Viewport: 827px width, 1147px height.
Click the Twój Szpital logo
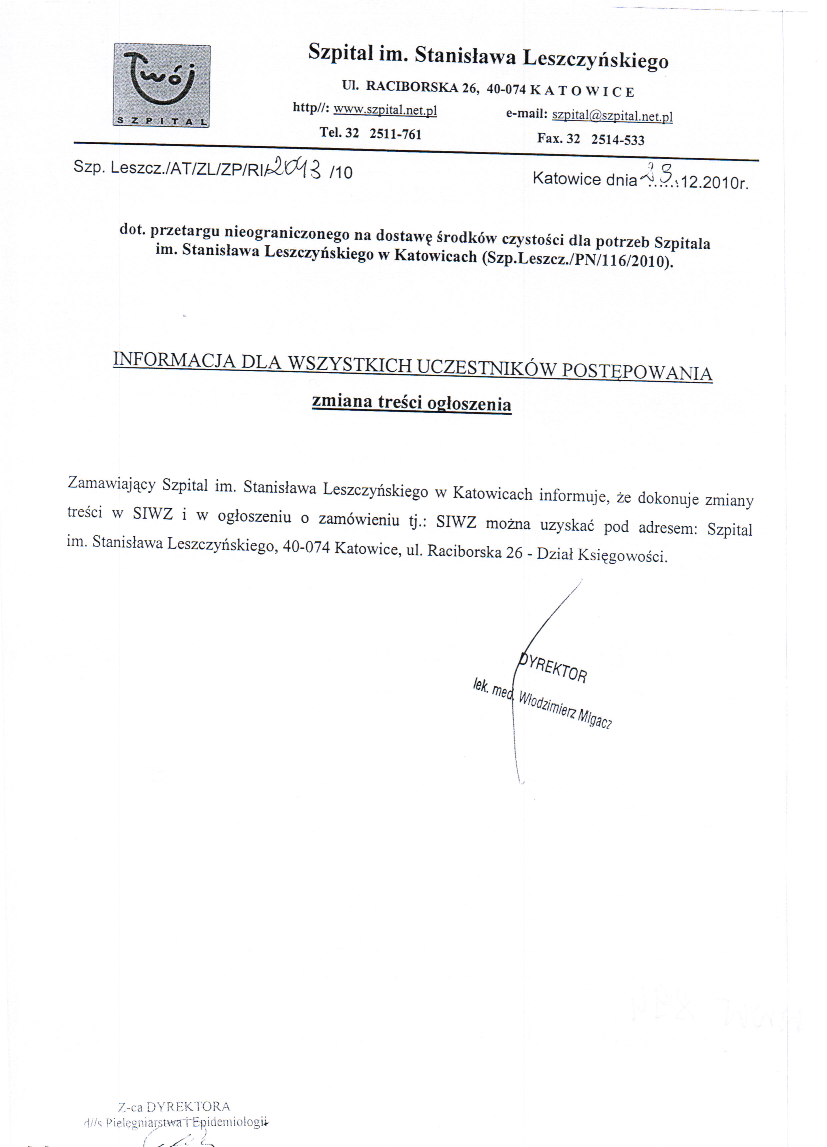click(x=161, y=85)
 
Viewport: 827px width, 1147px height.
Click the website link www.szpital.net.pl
click(x=385, y=110)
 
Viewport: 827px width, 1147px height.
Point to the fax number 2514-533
click(x=618, y=139)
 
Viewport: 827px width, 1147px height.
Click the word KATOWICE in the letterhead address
click(x=581, y=91)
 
